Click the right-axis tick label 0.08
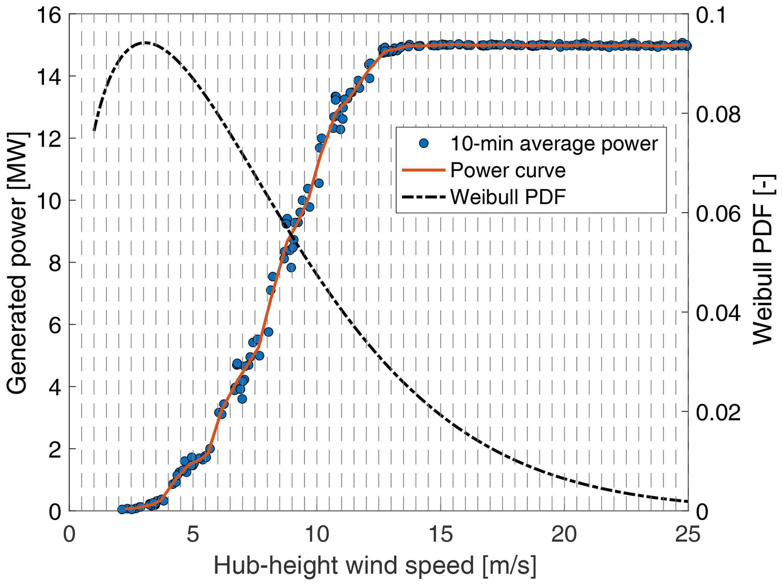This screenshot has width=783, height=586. click(718, 114)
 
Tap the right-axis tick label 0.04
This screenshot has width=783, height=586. click(718, 313)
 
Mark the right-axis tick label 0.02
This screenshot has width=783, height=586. click(718, 413)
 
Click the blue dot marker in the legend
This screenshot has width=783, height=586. click(424, 143)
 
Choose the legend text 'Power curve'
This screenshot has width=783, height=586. click(508, 170)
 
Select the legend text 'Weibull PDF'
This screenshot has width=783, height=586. click(508, 197)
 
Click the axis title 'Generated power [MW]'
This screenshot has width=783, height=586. click(17, 263)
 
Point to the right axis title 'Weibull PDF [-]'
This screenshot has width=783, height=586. click(762, 259)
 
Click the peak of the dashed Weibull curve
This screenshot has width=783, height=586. click(145, 42)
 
